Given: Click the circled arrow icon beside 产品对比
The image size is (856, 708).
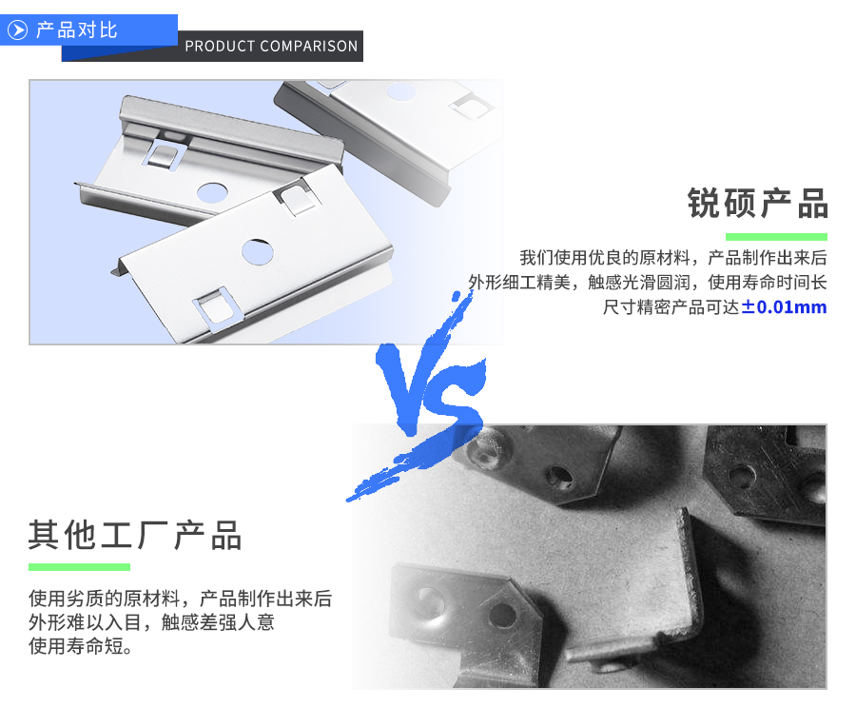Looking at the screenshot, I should [x=17, y=29].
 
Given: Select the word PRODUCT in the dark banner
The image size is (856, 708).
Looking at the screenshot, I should [x=221, y=46].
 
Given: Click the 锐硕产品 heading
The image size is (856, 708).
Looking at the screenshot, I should [x=757, y=204].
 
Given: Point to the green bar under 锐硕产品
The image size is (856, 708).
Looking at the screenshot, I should [x=776, y=237].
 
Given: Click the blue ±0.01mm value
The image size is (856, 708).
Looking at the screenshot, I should [x=785, y=307].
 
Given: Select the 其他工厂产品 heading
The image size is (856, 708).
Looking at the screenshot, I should [x=135, y=536].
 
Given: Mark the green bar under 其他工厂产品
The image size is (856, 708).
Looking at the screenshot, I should [x=79, y=567].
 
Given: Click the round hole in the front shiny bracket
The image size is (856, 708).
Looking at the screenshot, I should [x=257, y=251].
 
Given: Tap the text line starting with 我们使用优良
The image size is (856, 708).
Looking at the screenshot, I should [x=672, y=258].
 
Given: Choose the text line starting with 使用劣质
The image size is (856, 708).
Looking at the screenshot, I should [x=180, y=600].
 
